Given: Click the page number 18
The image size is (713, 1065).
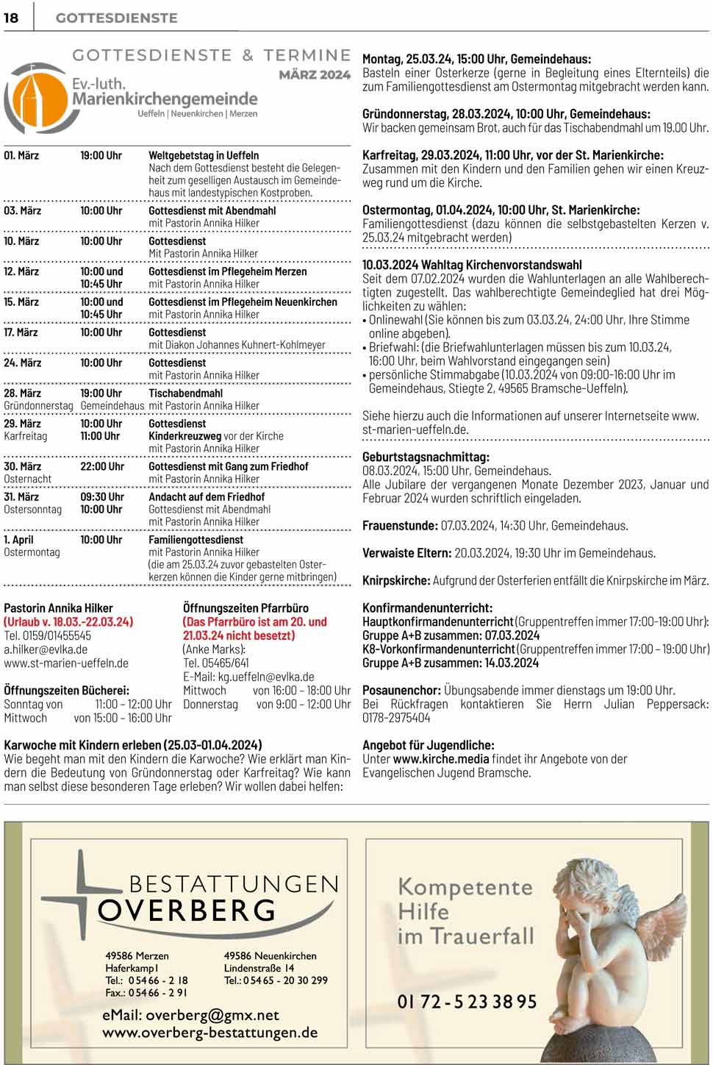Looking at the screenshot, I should pos(11,18).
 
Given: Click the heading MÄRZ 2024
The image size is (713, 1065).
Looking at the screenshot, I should pos(315,74).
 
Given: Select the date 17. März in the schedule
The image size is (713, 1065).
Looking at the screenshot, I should pos(21,332).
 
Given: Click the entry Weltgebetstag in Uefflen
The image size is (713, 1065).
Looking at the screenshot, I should pos(204,155).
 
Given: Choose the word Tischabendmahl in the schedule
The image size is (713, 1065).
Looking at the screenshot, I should pos(185,393).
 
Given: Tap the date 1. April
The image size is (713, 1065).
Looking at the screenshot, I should pos(18,539).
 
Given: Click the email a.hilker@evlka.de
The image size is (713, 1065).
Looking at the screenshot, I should pos(46,649).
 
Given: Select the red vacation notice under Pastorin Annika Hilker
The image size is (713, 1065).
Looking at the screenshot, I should pos(68,621).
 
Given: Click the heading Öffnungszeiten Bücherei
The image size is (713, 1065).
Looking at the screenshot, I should pos(66,690).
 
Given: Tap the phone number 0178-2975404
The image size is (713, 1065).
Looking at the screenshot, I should pos(396,718).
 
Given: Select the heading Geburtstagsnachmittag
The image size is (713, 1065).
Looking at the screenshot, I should pos(426,457).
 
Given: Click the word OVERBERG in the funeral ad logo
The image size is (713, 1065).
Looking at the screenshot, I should pos(187,911).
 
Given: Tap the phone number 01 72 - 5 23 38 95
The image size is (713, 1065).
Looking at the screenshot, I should pos(467,1002).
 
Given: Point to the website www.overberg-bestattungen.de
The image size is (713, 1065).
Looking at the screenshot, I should pos(210,1033).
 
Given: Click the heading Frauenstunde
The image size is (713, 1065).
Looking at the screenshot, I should pos(399,526).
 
